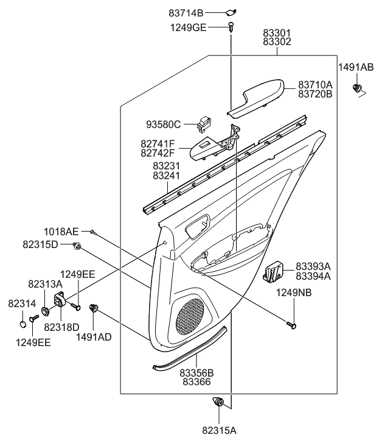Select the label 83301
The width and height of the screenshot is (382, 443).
click(x=277, y=34)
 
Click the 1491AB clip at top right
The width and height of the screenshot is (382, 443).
click(x=356, y=90)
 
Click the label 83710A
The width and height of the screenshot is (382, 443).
click(x=315, y=85)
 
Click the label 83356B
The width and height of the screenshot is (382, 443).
click(x=196, y=372)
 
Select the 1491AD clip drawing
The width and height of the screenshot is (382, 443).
click(x=94, y=308)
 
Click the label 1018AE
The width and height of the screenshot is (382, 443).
click(x=61, y=232)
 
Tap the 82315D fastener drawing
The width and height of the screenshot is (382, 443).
click(x=78, y=246)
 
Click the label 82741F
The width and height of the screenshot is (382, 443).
click(x=157, y=143)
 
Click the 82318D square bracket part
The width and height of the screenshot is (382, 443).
click(x=60, y=300)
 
